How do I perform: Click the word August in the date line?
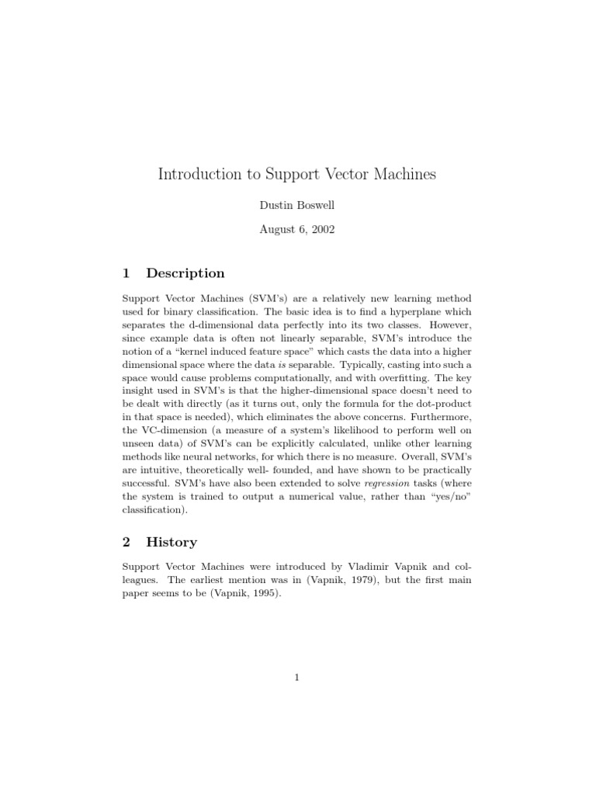(x=276, y=230)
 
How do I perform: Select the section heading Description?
(x=185, y=273)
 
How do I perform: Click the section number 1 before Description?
(x=126, y=273)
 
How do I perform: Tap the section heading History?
(x=172, y=542)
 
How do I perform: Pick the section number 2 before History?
(x=126, y=542)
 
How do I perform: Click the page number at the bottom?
(x=297, y=678)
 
